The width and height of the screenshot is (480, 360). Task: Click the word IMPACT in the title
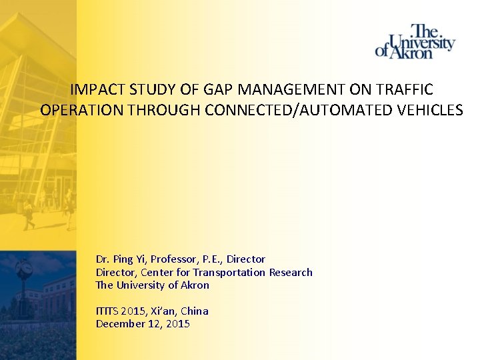coord(98,90)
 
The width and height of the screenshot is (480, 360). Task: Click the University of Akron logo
coord(415,41)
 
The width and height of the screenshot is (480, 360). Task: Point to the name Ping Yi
coord(131,259)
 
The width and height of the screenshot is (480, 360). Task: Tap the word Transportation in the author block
coord(229,272)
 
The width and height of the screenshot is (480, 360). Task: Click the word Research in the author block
coord(291,272)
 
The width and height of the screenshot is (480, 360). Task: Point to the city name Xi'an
coord(162,311)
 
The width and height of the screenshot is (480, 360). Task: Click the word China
coord(195,311)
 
